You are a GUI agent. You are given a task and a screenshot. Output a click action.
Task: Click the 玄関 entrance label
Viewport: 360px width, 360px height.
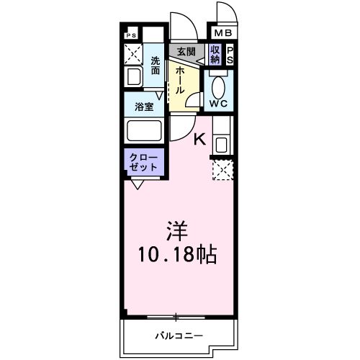tap(186, 51)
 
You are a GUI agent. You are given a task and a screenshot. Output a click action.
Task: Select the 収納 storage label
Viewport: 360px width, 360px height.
tap(215, 54)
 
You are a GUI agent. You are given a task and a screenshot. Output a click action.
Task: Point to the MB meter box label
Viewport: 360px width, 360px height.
tap(222, 32)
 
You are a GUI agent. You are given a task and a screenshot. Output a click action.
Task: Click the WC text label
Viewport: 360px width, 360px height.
tap(218, 104)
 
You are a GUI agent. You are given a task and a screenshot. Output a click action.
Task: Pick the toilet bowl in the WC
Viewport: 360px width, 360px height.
tap(219, 84)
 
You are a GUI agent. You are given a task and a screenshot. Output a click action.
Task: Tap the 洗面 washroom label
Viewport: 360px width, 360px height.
tap(156, 66)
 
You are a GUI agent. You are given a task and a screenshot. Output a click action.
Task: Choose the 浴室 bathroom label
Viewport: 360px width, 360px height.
tap(144, 107)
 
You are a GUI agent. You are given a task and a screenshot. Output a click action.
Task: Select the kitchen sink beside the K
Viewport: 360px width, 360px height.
tap(220, 143)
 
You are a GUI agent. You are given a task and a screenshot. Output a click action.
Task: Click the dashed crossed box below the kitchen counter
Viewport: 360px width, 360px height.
tap(220, 171)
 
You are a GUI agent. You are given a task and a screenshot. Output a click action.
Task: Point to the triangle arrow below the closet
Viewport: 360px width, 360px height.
tap(137, 184)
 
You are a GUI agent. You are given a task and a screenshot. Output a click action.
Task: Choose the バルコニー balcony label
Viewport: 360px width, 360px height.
tap(179, 336)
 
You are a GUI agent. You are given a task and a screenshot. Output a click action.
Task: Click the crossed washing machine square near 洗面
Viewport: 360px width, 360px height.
tap(134, 53)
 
